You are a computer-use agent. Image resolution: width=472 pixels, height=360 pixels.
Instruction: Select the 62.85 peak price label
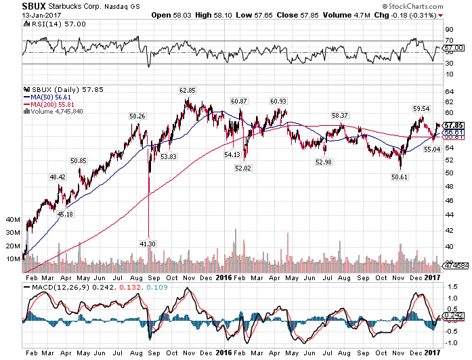point(188,90)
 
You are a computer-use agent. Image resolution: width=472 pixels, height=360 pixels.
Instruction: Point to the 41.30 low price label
point(148,243)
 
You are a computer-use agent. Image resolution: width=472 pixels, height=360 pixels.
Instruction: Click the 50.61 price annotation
point(400,177)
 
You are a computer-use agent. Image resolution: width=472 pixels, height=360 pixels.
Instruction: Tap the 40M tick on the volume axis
point(12,220)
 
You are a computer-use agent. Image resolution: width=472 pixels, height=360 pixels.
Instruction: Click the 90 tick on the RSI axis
point(449,30)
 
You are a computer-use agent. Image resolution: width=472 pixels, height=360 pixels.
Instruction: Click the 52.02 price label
point(242,168)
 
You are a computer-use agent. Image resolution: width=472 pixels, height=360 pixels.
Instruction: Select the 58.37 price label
point(340,116)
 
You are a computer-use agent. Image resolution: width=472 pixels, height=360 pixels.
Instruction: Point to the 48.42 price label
point(57,177)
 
